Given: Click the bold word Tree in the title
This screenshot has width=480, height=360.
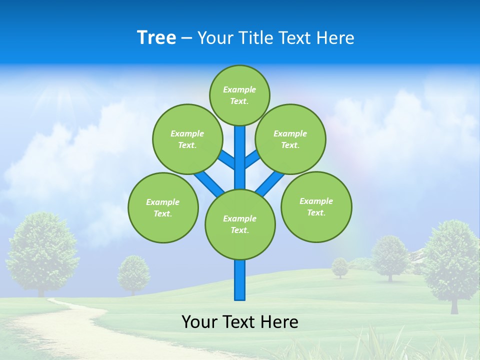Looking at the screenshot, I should pos(156,38).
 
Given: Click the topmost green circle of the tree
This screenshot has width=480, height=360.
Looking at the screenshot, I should pos(239,95).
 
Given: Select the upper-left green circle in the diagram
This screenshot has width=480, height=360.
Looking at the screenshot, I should pos(187,139).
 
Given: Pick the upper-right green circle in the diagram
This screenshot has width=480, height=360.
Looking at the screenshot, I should pos(290,139).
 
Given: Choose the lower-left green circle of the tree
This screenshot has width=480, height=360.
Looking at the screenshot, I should pos(163,207).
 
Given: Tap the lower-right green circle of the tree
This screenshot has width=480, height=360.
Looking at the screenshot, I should pos(316,206).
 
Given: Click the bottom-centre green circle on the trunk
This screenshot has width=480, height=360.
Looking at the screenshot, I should pos(240,224).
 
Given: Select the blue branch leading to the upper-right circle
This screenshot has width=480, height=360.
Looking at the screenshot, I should pos(252,159).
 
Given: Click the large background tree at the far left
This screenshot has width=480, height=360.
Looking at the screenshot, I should pos(42,247).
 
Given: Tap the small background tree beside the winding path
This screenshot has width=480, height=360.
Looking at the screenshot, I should pos(133,273).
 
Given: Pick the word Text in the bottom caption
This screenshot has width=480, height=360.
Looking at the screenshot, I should pos(239,322).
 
